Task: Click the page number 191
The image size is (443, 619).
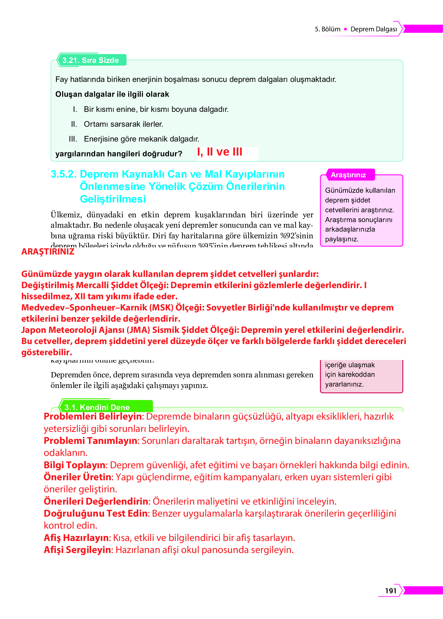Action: (x=391, y=590)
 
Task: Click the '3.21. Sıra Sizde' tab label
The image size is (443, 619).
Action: (x=91, y=60)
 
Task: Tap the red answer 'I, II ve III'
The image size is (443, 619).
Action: (x=220, y=152)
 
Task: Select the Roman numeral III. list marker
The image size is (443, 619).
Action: (x=73, y=139)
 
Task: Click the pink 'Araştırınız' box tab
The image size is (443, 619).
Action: (x=348, y=175)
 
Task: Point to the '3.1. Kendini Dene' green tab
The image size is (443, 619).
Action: (x=97, y=407)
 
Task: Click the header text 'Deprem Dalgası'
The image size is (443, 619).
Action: (x=374, y=29)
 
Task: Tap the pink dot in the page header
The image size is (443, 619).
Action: (x=345, y=29)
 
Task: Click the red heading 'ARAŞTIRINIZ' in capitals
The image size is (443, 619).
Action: (x=48, y=251)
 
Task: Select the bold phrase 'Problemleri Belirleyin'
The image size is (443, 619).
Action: (x=93, y=416)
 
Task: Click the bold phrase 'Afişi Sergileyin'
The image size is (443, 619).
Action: (x=77, y=550)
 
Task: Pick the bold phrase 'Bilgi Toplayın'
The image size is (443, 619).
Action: (x=74, y=465)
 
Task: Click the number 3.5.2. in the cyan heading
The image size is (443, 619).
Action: (x=64, y=174)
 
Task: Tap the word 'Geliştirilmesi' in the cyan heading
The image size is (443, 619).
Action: (x=113, y=199)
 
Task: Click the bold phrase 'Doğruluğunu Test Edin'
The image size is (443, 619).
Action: (x=96, y=513)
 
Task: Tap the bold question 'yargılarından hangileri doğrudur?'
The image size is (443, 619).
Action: (x=119, y=154)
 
